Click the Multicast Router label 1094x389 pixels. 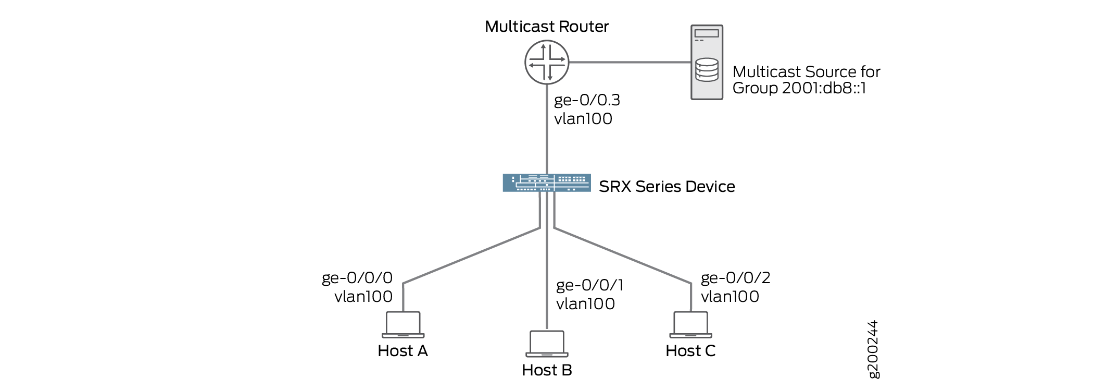[546, 27]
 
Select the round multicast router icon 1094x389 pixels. [546, 63]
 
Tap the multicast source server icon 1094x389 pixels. [707, 62]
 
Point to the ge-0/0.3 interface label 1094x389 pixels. [587, 100]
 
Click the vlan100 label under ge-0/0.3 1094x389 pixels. [583, 119]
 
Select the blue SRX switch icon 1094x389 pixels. [546, 183]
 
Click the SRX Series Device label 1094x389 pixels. [667, 187]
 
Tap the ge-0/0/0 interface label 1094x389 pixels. [357, 278]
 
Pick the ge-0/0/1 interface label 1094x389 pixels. [589, 285]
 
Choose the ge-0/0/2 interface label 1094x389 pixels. [735, 278]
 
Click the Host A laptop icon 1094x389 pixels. [403, 325]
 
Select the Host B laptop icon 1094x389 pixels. [547, 344]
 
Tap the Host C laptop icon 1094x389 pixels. [690, 325]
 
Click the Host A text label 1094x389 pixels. [403, 351]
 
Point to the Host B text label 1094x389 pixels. [547, 370]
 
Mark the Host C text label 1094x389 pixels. [690, 351]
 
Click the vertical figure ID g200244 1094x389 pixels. [873, 349]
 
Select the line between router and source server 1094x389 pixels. [630, 62]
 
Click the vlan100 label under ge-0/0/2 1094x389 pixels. [730, 297]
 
